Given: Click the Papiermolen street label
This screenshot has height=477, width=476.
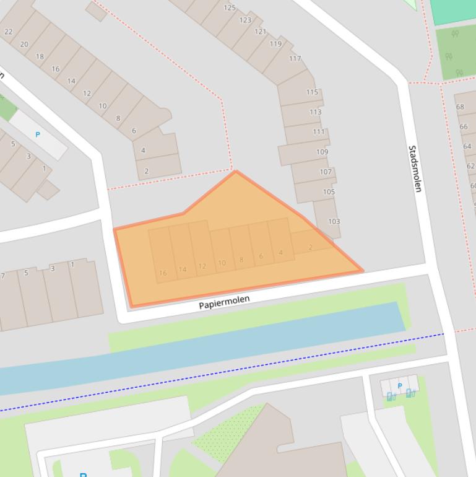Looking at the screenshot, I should click(x=224, y=302).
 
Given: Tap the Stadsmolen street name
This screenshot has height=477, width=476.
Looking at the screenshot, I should click(x=414, y=168).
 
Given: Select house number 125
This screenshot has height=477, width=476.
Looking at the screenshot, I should click(x=230, y=8).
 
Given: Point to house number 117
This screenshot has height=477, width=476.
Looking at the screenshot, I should click(x=295, y=59).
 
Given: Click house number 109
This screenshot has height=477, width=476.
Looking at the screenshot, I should click(x=322, y=152).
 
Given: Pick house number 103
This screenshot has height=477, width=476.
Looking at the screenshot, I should click(x=334, y=221).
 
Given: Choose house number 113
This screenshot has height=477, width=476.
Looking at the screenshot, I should click(x=315, y=112).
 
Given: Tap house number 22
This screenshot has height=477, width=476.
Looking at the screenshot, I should click(x=8, y=32).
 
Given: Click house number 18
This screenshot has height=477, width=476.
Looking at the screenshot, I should click(x=40, y=56).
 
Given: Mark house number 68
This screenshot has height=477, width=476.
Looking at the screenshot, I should click(x=460, y=107).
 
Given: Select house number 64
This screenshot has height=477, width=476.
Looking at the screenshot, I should click(x=467, y=146).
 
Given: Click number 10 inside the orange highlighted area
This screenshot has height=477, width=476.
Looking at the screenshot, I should click(x=222, y=263).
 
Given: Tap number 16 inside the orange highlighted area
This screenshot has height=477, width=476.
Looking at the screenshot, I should click(x=163, y=273).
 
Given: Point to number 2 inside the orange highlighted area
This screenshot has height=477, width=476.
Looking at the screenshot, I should click(x=310, y=247).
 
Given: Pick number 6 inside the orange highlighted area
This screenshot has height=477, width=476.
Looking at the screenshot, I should click(x=261, y=256).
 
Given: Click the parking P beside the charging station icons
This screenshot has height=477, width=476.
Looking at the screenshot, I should click(x=400, y=386).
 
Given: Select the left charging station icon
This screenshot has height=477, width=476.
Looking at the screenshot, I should click(x=391, y=396).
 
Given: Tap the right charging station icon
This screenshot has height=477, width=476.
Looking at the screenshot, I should click(x=410, y=393).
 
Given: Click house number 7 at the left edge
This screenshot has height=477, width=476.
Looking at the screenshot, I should click(x=3, y=276).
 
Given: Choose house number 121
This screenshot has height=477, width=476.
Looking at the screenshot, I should click(x=260, y=32).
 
